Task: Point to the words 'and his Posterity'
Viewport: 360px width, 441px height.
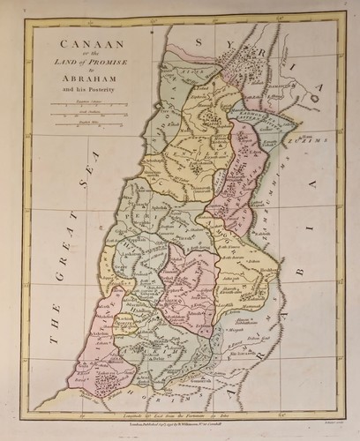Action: point(80,88)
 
